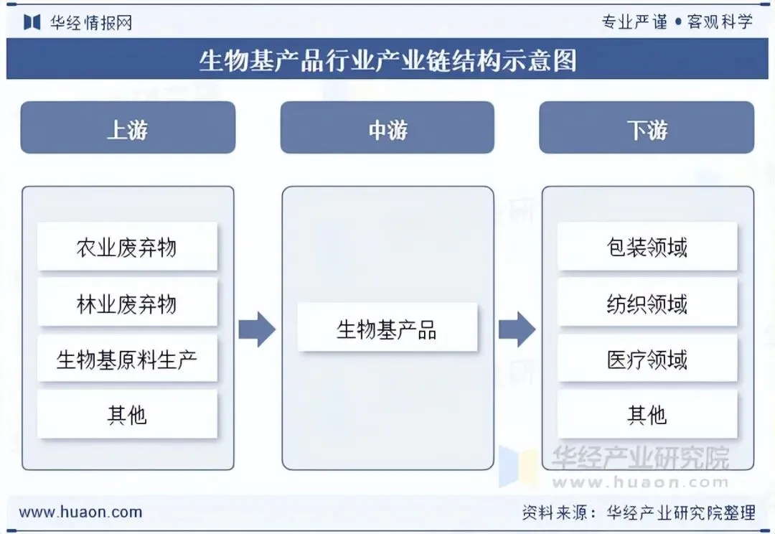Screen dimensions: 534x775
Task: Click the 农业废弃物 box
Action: point(127,247)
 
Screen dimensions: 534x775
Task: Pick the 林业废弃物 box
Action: point(127,303)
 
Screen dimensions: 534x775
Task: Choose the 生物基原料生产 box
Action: point(127,358)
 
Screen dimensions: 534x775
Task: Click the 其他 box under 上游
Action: point(127,414)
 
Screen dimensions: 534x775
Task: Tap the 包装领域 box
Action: point(647,247)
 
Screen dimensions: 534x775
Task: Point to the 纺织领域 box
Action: point(647,303)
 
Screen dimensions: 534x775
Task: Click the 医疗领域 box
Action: point(647,358)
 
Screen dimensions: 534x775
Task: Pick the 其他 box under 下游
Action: point(647,414)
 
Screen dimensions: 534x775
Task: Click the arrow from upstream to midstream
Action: point(257,329)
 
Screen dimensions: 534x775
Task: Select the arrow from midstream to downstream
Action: point(517,329)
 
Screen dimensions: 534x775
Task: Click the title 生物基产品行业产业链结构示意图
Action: point(387,60)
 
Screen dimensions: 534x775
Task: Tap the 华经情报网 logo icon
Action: point(32,22)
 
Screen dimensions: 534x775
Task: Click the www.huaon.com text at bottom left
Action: point(80,512)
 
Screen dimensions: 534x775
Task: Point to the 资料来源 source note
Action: point(638,512)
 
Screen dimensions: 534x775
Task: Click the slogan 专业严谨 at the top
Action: point(634,22)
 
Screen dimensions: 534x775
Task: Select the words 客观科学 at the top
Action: point(720,22)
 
